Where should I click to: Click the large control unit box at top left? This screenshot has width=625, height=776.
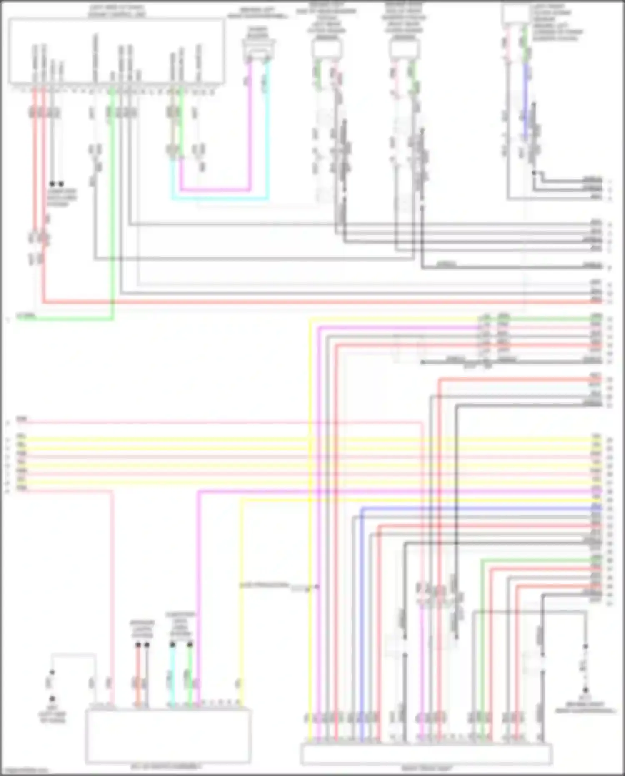117,50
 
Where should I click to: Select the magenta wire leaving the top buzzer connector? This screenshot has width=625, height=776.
250,125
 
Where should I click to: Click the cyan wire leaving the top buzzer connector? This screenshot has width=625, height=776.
268,125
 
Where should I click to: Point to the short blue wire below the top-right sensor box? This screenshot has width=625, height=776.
526,100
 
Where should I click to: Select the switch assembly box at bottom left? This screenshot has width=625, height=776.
168,736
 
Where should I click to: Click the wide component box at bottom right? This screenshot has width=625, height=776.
426,755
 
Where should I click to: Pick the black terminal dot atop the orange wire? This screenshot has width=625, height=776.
138,645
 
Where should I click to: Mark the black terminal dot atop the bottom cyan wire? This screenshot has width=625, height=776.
172,645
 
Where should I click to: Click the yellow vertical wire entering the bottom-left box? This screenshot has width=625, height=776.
241,605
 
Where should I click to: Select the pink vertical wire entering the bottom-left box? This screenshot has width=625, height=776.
112,584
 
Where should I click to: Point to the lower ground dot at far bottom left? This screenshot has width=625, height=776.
52,699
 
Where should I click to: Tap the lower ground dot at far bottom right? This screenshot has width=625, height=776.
585,690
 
